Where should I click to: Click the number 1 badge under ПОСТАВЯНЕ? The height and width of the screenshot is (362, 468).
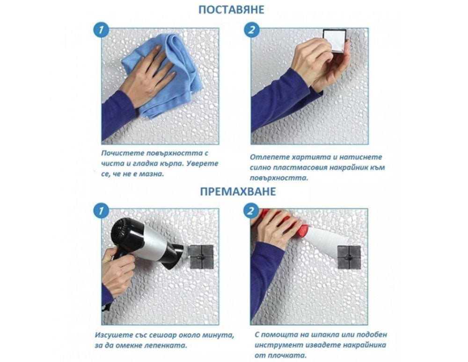click(100, 30)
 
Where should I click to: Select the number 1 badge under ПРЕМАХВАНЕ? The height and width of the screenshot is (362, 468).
click(100, 212)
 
